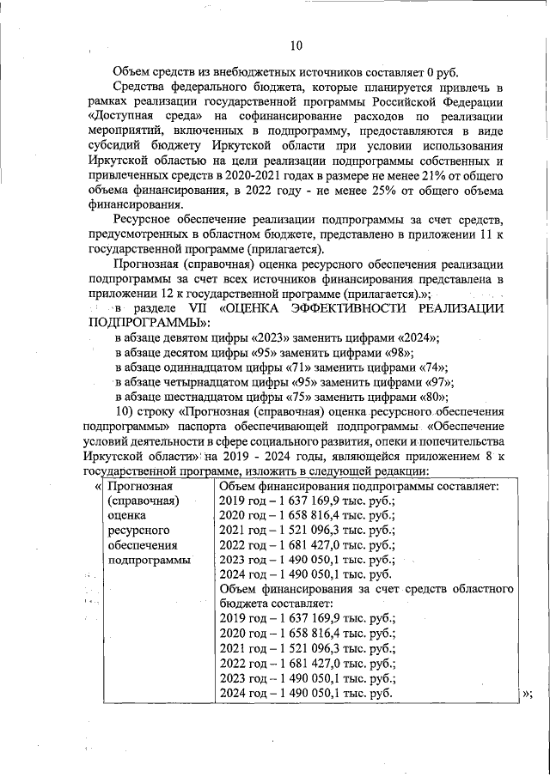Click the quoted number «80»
(x=431, y=397)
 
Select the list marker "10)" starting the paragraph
(x=126, y=412)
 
